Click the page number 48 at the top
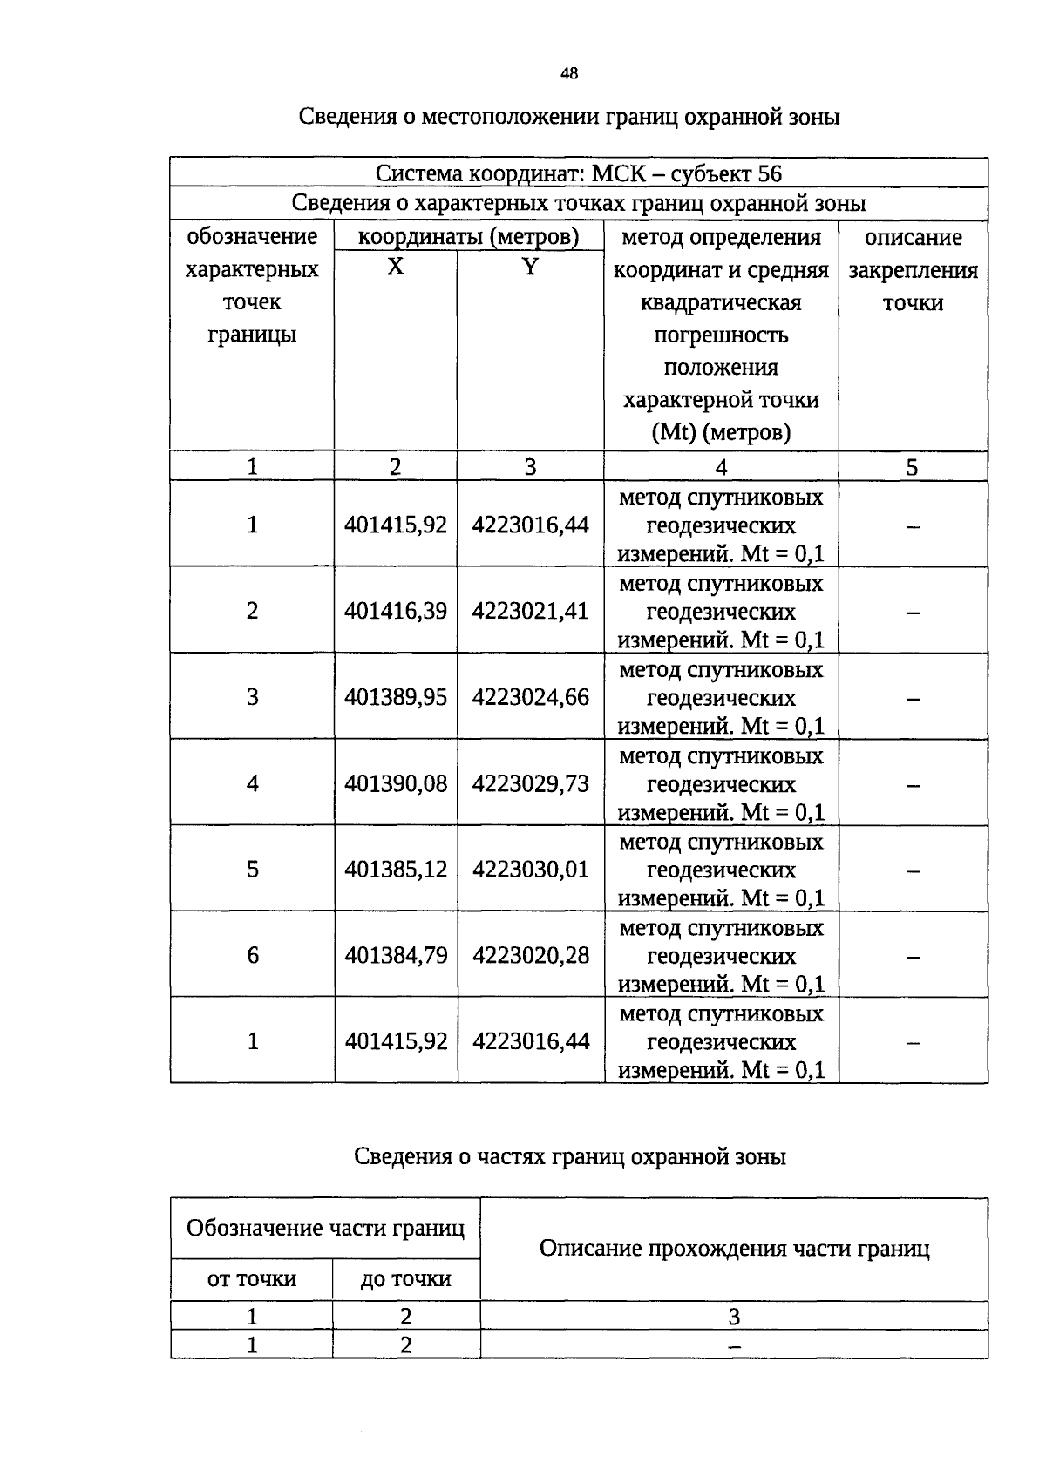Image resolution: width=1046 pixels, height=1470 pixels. (568, 74)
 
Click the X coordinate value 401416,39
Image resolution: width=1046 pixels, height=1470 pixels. (396, 611)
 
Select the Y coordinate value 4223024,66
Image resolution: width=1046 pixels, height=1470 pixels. (531, 697)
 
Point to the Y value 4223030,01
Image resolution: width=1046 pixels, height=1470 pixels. (531, 870)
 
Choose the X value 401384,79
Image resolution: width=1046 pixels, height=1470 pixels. (396, 956)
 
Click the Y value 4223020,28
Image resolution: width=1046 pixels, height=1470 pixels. (531, 956)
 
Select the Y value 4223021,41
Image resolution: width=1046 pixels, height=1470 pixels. (531, 611)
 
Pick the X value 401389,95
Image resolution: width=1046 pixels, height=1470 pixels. (396, 697)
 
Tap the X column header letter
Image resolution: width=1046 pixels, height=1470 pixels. (396, 268)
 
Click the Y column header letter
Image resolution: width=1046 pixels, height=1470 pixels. (530, 268)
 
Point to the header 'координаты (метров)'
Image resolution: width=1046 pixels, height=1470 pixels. (469, 237)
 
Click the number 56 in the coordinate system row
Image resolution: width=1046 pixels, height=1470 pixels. (770, 173)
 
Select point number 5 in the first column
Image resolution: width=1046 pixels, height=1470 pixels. (253, 870)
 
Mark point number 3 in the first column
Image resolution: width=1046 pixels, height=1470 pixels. (253, 697)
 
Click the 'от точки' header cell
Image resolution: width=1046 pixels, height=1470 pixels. (252, 1279)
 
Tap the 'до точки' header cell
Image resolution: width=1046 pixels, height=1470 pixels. (406, 1279)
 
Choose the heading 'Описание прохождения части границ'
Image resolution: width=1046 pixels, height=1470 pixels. (734, 1249)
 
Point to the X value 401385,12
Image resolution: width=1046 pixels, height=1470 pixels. (396, 870)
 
